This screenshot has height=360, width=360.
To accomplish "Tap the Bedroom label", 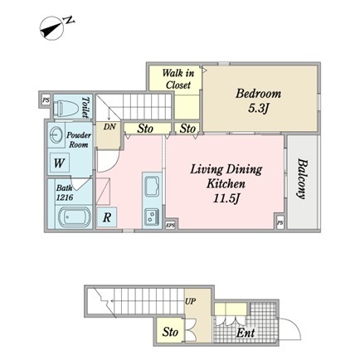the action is pyautogui.click(x=258, y=94).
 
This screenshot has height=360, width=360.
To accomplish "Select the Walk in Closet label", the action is pyautogui.click(x=178, y=79).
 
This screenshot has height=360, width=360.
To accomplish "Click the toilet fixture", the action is pyautogui.click(x=66, y=108).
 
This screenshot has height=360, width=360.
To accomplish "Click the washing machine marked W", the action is pyautogui.click(x=59, y=163).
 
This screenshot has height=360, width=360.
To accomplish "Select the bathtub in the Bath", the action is pyautogui.click(x=74, y=216).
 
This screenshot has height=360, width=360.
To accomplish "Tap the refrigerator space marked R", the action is pyautogui.click(x=107, y=217).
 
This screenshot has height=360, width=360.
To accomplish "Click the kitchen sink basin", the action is pyautogui.click(x=152, y=187).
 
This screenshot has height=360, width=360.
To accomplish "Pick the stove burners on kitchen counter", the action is pyautogui.click(x=152, y=216).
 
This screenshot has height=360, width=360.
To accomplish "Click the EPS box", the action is pyautogui.click(x=171, y=226).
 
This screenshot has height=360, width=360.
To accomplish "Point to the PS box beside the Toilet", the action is pyautogui.click(x=46, y=100).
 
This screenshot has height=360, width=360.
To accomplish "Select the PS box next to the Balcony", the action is pyautogui.click(x=280, y=223).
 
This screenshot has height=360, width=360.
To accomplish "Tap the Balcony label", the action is pyautogui.click(x=302, y=179).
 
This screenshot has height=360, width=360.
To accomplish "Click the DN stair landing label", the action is pyautogui.click(x=109, y=127).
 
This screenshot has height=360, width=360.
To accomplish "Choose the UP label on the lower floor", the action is pyautogui.click(x=191, y=301).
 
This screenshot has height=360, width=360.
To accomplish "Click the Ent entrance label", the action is pyautogui.click(x=246, y=333).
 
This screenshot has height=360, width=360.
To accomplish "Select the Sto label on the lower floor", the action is pyautogui.click(x=170, y=332).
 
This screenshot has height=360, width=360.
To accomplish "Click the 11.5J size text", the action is pyautogui.click(x=226, y=198).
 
